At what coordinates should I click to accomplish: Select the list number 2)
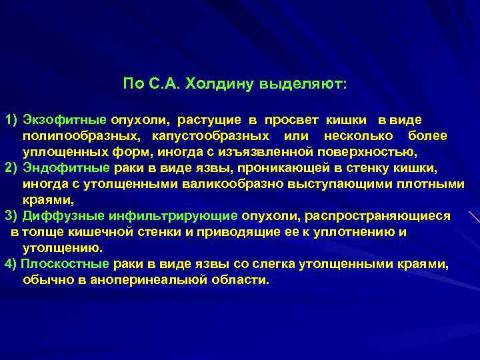coord(11,167)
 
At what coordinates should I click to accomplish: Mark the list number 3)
coord(11,216)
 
